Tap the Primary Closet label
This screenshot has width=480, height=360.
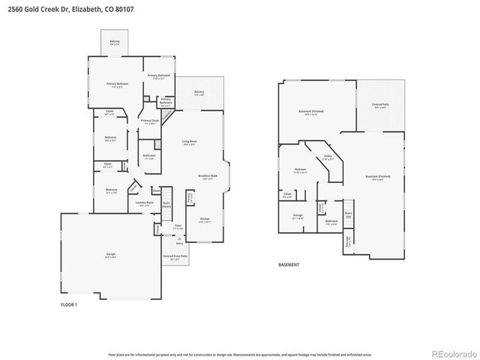(x=150, y=121)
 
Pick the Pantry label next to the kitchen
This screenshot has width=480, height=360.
(x=190, y=198)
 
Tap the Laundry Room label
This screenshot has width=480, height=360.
(x=144, y=203)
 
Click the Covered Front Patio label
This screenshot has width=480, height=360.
(x=175, y=256)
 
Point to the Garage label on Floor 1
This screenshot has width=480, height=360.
(x=111, y=256)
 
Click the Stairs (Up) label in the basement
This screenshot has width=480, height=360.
(x=349, y=213)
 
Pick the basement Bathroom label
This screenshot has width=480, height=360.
(x=331, y=222)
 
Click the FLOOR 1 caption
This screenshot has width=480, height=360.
(x=69, y=305)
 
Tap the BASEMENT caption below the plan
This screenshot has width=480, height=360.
(x=289, y=265)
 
